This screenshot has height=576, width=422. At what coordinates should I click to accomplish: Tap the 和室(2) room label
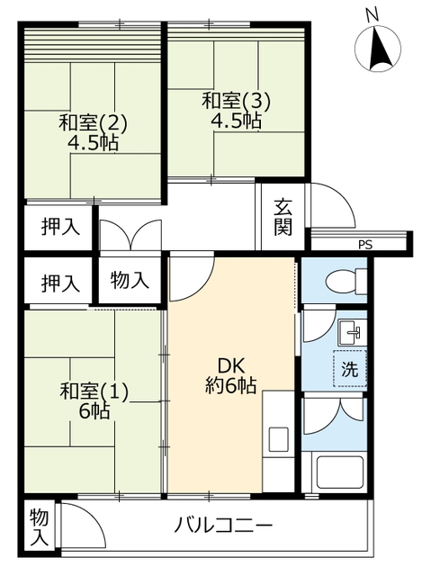point(93,122)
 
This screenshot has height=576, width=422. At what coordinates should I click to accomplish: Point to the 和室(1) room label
point(94,391)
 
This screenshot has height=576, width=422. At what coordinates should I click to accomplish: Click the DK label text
point(231,366)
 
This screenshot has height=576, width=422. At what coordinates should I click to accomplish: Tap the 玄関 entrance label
point(283,217)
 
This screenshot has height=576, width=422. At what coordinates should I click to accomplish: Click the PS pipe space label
point(365,245)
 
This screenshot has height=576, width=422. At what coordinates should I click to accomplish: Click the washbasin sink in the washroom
point(352,332)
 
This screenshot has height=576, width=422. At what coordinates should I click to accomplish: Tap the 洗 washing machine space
point(350,369)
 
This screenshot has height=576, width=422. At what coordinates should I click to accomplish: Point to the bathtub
point(340,473)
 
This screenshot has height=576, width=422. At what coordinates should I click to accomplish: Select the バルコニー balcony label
point(223,526)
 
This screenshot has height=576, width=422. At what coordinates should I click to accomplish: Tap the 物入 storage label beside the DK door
point(130,281)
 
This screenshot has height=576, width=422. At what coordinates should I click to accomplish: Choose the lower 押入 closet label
point(60,283)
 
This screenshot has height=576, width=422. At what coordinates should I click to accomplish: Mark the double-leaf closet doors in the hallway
point(130,235)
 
